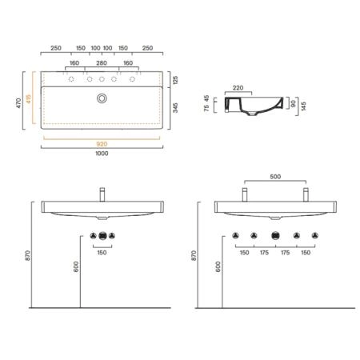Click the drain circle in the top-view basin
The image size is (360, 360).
tap(102, 98)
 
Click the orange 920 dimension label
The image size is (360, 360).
tap(102, 144)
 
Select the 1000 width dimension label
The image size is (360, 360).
tap(102, 154)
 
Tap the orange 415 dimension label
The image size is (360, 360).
tap(29, 99)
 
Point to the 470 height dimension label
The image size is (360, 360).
tap(18, 103)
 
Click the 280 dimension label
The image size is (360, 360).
tap(102, 63)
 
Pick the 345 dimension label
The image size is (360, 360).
tap(175, 108)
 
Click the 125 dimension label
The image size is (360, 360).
tap(175, 80)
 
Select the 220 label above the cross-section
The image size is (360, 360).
tap(238, 88)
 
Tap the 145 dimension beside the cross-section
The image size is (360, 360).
tap(304, 106)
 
